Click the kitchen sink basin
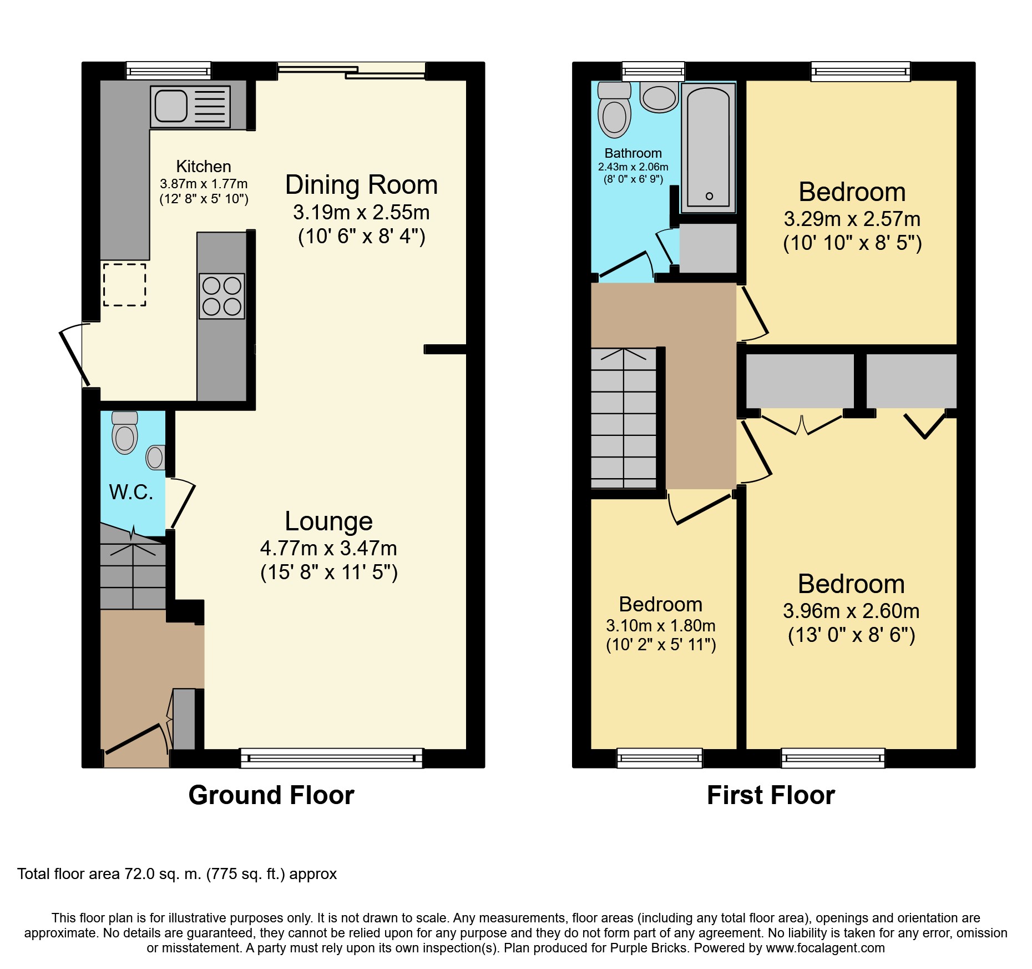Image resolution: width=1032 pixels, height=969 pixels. click(171, 106)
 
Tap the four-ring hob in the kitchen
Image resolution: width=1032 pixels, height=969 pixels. click(222, 296)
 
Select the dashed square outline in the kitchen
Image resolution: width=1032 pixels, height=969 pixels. click(124, 285)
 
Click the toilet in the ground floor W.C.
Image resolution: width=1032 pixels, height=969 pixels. click(125, 433)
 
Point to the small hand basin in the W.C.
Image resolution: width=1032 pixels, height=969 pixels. click(155, 458)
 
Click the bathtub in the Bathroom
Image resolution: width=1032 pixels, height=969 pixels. click(709, 148)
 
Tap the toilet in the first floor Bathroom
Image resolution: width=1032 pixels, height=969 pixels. click(614, 110)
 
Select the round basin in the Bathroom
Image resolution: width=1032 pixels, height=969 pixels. click(659, 97)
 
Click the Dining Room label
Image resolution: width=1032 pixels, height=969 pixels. click(362, 185)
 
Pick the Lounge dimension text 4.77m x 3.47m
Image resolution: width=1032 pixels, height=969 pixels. click(329, 548)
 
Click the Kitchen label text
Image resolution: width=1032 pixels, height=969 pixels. click(204, 167)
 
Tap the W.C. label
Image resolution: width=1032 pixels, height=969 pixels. click(131, 492)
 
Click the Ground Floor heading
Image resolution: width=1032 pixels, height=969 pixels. click(271, 795)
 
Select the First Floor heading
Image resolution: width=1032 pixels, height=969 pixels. click(771, 795)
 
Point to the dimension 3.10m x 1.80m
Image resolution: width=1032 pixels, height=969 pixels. click(661, 626)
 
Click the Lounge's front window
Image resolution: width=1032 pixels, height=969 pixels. click(331, 758)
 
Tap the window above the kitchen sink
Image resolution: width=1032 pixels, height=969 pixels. click(169, 71)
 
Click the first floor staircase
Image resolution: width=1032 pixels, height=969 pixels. click(624, 418)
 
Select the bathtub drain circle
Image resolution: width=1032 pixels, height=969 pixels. click(709, 196)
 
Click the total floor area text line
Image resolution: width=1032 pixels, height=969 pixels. click(177, 874)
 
